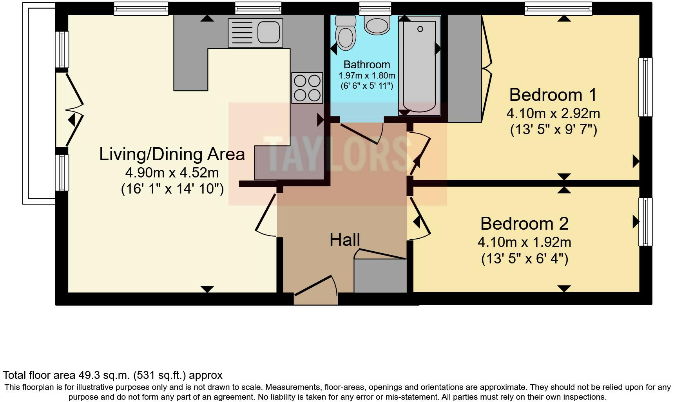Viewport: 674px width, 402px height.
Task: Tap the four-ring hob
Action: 307,88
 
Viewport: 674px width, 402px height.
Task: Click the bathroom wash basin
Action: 377,24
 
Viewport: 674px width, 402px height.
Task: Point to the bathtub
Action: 419,67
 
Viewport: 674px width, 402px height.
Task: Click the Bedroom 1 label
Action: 553,95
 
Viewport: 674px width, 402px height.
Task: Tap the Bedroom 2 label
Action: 524,224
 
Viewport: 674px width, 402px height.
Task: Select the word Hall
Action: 344,240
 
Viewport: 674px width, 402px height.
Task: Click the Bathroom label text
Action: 367,65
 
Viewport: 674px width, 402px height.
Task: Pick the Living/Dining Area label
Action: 172,154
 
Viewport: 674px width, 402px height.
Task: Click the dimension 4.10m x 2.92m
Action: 553,113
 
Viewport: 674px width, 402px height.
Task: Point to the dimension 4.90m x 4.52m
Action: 172,172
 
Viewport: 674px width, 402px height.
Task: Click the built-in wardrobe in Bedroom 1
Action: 464,69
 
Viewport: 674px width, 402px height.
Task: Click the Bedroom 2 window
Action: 645,222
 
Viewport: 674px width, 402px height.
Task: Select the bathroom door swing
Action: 362,133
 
